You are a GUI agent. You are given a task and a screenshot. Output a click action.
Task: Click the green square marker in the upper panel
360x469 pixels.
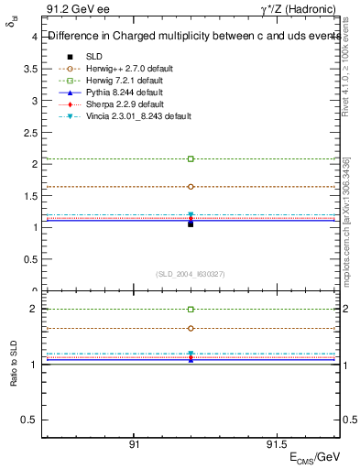(x=191, y=158)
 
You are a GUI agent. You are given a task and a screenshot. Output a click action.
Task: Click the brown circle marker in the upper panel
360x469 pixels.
(x=191, y=186)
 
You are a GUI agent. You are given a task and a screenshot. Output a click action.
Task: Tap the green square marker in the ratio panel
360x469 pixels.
(x=191, y=310)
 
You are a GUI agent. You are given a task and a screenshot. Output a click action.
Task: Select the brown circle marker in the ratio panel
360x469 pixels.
(x=191, y=328)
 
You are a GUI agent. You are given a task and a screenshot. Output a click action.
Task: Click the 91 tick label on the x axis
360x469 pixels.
(x=134, y=443)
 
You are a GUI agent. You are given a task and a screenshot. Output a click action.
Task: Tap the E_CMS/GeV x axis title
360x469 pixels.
(x=314, y=457)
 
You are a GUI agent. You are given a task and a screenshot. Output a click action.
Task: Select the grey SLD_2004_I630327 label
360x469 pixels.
(x=191, y=274)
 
